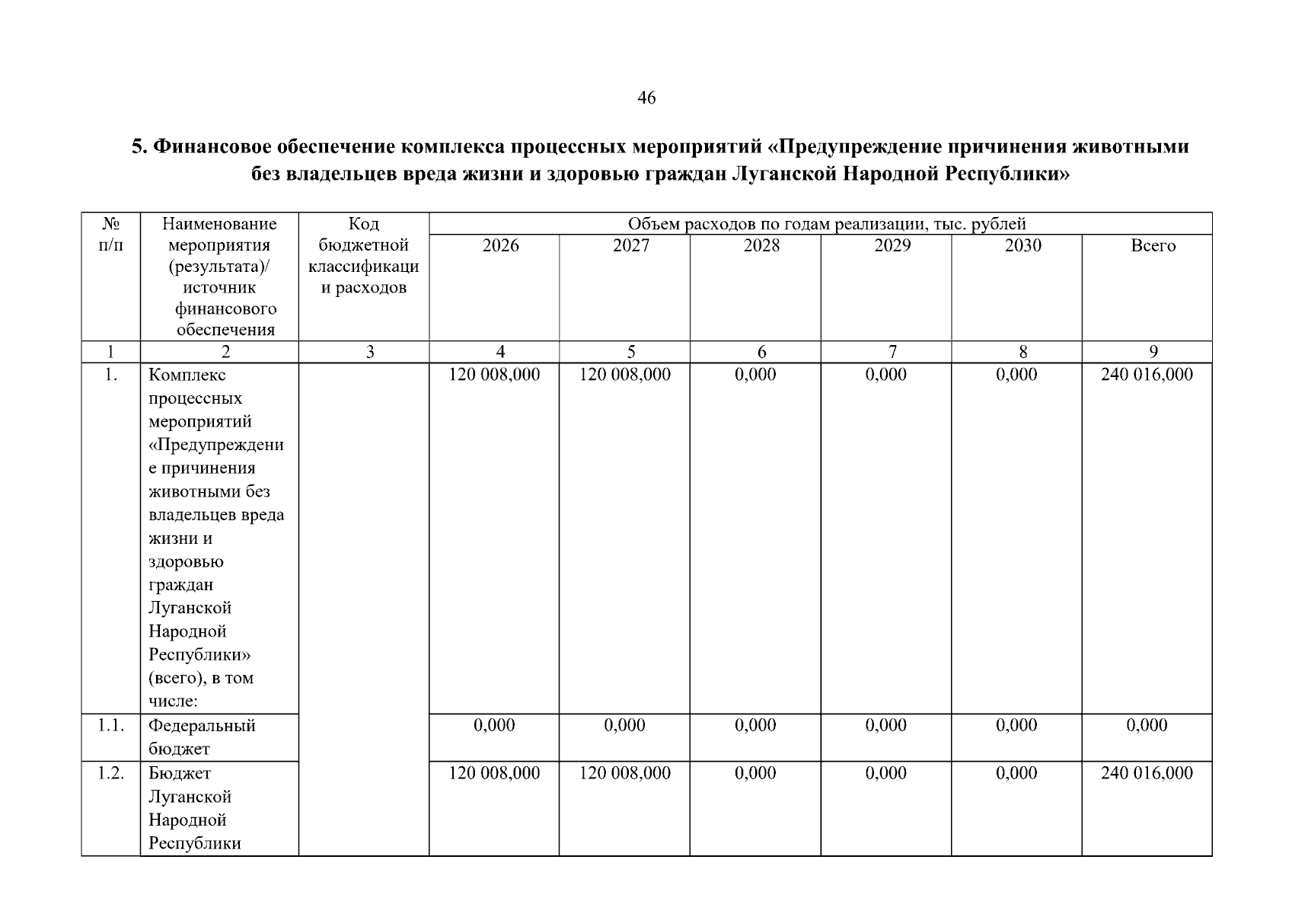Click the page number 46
coord(646,98)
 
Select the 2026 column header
coord(500,245)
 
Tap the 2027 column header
coord(631,245)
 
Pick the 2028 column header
coord(761,245)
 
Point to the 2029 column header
coord(892,245)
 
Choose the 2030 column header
coord(1022,245)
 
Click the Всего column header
coord(1153,245)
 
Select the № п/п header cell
coord(110,235)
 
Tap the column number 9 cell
coord(1153,352)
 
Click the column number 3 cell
coord(370,352)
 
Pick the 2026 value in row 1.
coord(494,375)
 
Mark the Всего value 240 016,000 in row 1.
coord(1147,375)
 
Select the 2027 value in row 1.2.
coord(625,773)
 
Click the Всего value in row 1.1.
coord(1147,725)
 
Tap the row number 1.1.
coord(111,725)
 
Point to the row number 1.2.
coord(111,773)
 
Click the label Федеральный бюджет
coord(202,737)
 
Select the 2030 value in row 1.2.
coord(1016,773)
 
